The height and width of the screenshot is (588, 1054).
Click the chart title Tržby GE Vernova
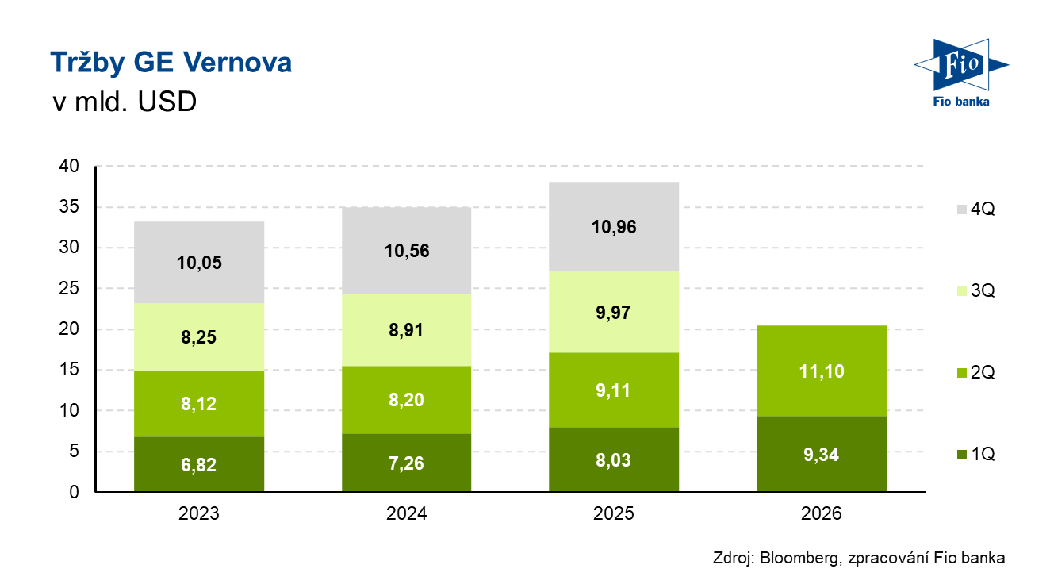click(171, 63)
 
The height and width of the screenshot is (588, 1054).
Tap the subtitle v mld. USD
click(125, 102)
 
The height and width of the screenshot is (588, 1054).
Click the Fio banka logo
click(961, 73)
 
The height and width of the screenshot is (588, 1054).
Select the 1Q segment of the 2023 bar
click(199, 464)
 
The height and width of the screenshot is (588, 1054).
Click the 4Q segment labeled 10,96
click(614, 227)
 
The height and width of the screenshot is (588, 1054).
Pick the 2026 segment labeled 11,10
click(822, 371)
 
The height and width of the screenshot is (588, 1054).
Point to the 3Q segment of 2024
click(407, 330)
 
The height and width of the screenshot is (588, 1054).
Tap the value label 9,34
click(821, 455)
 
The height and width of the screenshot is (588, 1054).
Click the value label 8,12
click(198, 404)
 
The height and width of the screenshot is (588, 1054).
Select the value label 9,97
click(613, 313)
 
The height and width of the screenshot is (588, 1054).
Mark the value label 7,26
click(406, 463)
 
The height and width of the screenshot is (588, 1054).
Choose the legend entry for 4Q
click(976, 209)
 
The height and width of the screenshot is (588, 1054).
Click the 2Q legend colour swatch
click(962, 373)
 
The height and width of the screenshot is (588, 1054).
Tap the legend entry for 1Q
click(976, 455)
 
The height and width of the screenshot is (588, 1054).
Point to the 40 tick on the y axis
click(69, 166)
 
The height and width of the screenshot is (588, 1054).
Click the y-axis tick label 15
click(69, 370)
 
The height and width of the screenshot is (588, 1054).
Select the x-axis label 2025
click(614, 513)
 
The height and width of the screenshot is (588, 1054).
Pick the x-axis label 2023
click(198, 513)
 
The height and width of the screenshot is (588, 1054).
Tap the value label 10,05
click(199, 263)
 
